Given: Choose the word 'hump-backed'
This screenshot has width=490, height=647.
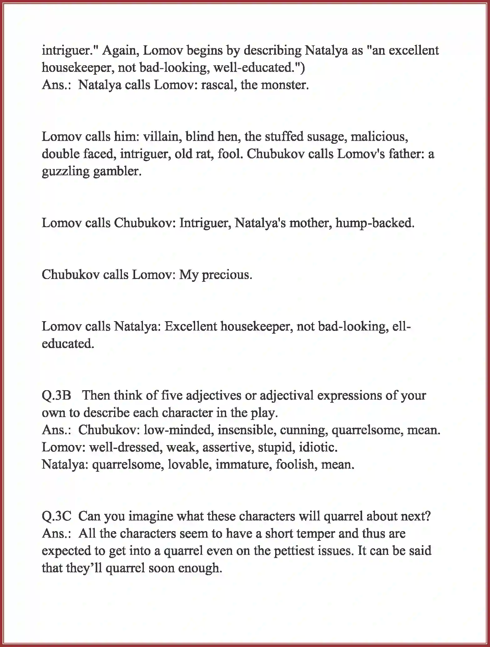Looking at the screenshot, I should (x=375, y=223).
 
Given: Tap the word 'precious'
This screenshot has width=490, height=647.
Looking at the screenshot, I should (x=227, y=275).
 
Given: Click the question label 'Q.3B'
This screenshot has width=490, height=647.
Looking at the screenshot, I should (x=57, y=396).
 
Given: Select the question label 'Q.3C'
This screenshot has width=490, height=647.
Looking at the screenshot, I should (x=57, y=516).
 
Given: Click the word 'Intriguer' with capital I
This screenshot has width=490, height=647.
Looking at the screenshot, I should (x=205, y=223).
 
